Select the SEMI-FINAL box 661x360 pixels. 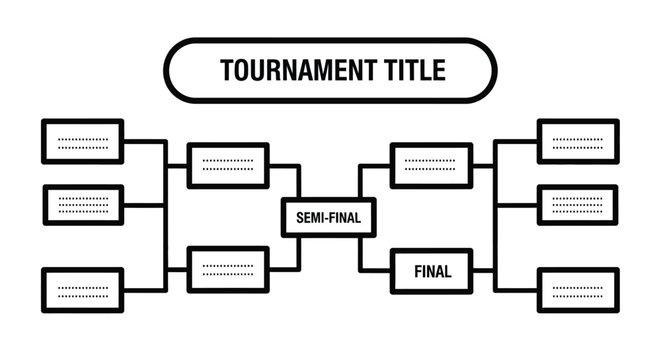[321, 216]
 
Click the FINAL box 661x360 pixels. [432, 270]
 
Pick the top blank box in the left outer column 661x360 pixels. [83, 141]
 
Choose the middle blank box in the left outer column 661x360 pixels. [83, 205]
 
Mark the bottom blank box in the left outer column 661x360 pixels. [83, 290]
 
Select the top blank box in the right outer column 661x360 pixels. [578, 141]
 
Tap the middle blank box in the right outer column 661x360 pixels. [578, 205]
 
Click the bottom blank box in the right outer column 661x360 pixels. [578, 290]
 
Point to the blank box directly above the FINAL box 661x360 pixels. [432, 165]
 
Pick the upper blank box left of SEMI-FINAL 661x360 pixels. [228, 165]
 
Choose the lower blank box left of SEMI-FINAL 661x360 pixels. [228, 268]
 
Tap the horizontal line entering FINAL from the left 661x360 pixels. [378, 269]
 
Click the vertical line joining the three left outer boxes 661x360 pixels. [164, 215]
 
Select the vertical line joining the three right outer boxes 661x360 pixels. [497, 215]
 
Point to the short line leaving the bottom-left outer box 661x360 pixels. [144, 290]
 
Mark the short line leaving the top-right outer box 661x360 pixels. [517, 141]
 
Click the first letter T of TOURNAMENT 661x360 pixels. [226, 71]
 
